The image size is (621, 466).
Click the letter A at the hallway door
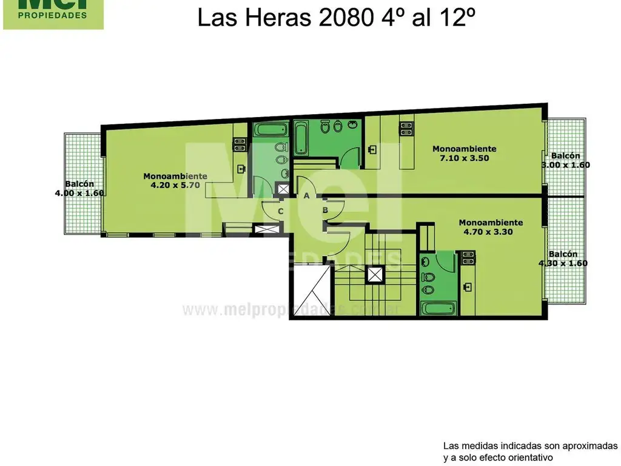point(307,195)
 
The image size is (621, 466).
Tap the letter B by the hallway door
point(325,211)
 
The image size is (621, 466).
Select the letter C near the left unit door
point(280,211)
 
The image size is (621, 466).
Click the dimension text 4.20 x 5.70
point(175,186)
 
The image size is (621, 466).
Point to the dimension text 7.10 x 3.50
point(464,158)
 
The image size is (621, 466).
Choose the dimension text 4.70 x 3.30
point(490,231)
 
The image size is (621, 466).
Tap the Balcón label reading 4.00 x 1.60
point(79,194)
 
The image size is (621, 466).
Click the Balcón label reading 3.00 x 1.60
point(565,164)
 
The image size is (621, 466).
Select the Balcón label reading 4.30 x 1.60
point(563,263)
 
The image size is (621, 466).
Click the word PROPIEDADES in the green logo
point(52,15)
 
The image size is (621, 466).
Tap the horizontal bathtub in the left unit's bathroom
point(265,130)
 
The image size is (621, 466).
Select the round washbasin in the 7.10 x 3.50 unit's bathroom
point(338,129)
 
